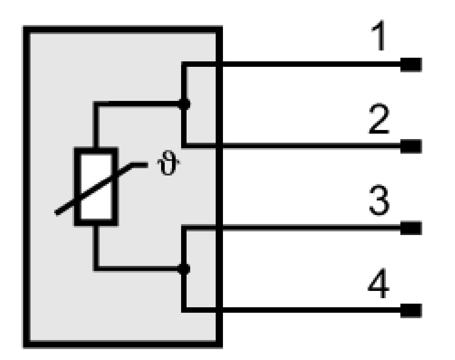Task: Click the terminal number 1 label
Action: coord(379,35)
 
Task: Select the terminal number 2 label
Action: coord(379,119)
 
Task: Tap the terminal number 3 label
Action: coord(379,200)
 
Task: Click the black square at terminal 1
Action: coord(411,65)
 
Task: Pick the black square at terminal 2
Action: coord(411,146)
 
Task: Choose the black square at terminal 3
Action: coord(411,228)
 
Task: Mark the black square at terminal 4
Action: coord(411,310)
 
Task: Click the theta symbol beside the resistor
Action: coord(168,163)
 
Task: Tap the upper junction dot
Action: coord(184,104)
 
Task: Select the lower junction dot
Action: coord(184,269)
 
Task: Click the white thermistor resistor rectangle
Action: coord(96,187)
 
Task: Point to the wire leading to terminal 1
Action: coord(293,65)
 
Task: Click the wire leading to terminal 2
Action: coord(293,146)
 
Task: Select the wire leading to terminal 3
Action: coord(293,228)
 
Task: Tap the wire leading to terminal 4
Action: coord(293,310)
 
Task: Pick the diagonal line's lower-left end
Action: coord(56,214)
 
